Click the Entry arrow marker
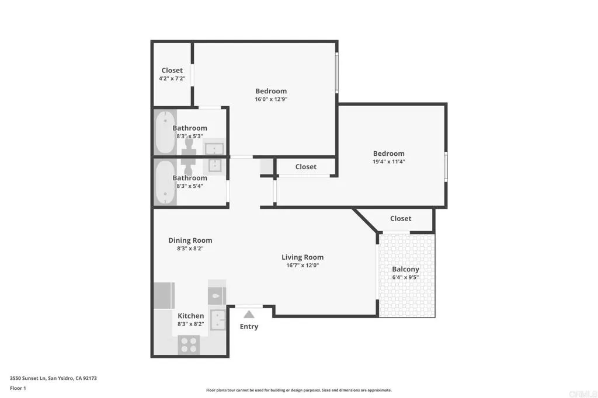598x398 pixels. pyautogui.click(x=249, y=314)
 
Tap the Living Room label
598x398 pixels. pyautogui.click(x=303, y=257)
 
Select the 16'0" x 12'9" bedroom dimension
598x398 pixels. pyautogui.click(x=271, y=99)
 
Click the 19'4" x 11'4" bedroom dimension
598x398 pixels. pyautogui.click(x=388, y=162)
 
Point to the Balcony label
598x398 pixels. pyautogui.click(x=405, y=269)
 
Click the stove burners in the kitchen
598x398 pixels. pyautogui.click(x=189, y=345)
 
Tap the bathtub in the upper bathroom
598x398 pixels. pyautogui.click(x=165, y=132)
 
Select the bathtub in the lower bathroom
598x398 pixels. pyautogui.click(x=165, y=182)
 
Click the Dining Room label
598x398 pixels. pyautogui.click(x=190, y=240)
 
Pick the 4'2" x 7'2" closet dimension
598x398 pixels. pyautogui.click(x=172, y=78)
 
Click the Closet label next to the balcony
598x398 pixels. pyautogui.click(x=401, y=219)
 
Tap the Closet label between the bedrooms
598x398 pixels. pyautogui.click(x=305, y=167)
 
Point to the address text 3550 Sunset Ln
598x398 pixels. pyautogui.click(x=53, y=378)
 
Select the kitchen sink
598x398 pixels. pyautogui.click(x=218, y=320)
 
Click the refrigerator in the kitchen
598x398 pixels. pyautogui.click(x=164, y=296)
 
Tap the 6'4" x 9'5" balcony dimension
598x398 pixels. pyautogui.click(x=405, y=277)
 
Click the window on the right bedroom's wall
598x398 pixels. pyautogui.click(x=446, y=166)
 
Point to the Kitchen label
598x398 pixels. pyautogui.click(x=191, y=316)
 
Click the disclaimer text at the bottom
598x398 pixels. pyautogui.click(x=298, y=390)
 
